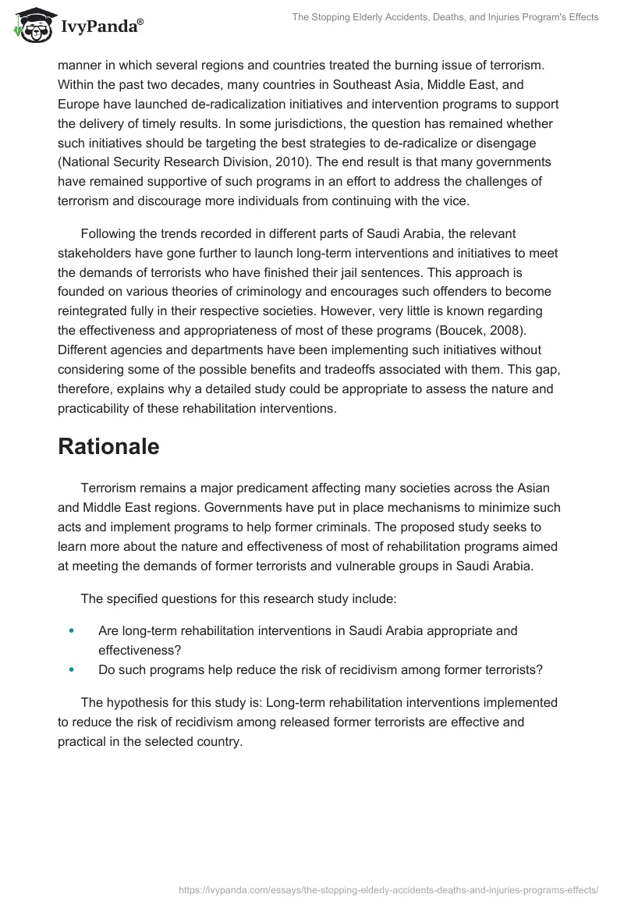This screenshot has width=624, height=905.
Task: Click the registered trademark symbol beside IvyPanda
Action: [x=140, y=21]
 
